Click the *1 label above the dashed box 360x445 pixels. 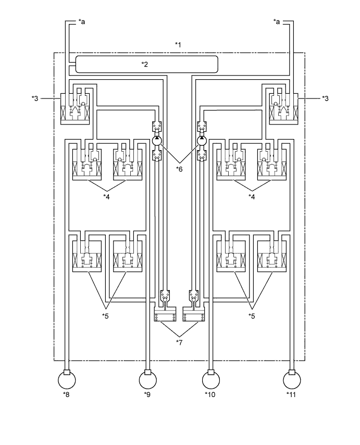pos(178,45)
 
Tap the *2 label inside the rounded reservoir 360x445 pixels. pos(145,65)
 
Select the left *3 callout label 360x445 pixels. pos(35,98)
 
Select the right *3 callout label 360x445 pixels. pos(325,98)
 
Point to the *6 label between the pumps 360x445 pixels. pos(179,169)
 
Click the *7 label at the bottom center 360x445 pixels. pos(179,342)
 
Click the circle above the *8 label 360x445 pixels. pos(67,380)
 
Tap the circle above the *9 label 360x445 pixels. pos(148,380)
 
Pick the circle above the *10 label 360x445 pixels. pos(211,380)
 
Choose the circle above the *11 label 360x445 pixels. pos(292,380)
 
